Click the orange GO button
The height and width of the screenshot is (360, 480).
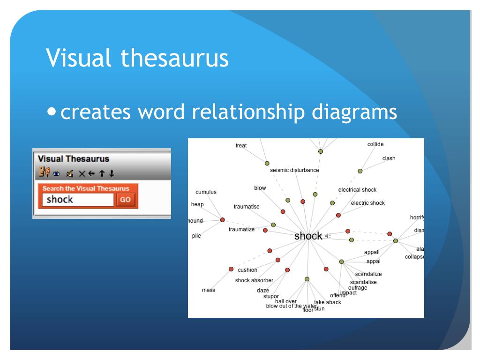(x=125, y=200)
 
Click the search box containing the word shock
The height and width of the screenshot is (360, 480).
(x=77, y=200)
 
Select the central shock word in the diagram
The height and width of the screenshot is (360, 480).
(x=308, y=236)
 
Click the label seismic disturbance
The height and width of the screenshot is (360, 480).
(x=294, y=170)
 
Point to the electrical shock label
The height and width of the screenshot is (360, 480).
(x=357, y=190)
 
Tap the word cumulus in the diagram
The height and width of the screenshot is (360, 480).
(x=206, y=192)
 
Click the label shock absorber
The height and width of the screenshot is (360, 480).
(x=254, y=281)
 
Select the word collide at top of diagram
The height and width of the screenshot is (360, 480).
(x=375, y=144)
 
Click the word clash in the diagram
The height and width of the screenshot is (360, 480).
(x=389, y=158)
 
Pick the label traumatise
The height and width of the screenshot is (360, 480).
(x=247, y=207)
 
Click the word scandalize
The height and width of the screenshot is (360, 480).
(x=368, y=274)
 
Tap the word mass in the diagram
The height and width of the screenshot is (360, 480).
(x=209, y=290)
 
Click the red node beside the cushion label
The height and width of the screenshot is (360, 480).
(x=231, y=269)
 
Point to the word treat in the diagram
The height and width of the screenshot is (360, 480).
(x=241, y=146)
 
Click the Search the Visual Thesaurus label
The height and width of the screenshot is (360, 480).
(x=86, y=188)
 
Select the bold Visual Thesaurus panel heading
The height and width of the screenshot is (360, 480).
(x=74, y=159)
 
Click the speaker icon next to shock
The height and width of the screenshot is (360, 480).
(x=328, y=236)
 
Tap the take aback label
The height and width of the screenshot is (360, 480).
(x=328, y=302)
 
